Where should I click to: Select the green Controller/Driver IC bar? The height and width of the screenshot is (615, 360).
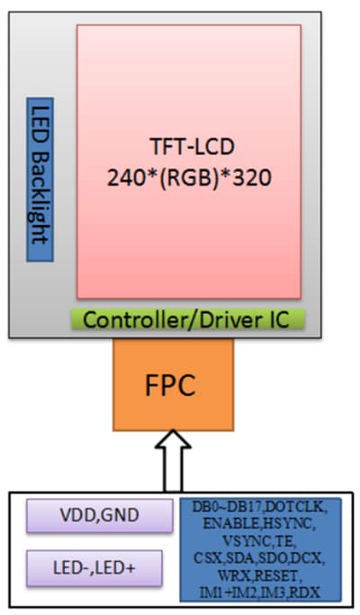point(189,319)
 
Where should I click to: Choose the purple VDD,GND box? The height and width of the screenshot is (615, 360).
point(99,517)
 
